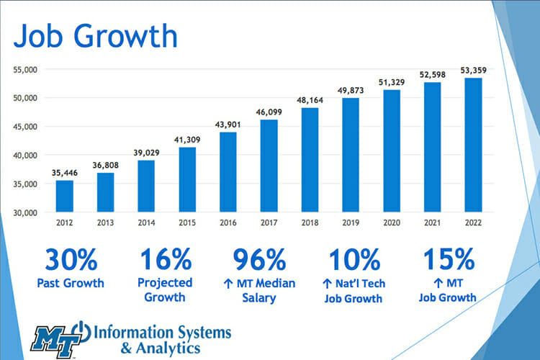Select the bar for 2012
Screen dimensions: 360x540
(65, 196)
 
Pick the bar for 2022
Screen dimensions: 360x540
(472, 145)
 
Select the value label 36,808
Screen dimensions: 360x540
(106, 165)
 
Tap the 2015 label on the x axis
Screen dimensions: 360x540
(187, 223)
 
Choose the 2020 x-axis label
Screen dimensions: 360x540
(391, 223)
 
